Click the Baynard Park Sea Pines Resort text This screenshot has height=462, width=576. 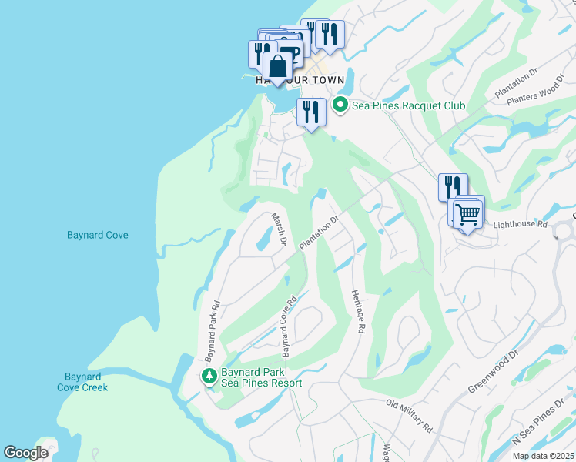click(x=261, y=377)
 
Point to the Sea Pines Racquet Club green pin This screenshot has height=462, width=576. click(x=340, y=105)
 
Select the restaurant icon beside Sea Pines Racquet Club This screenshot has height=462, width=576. click(x=311, y=112)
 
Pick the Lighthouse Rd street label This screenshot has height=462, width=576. click(x=520, y=225)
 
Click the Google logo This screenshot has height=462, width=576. click(x=25, y=453)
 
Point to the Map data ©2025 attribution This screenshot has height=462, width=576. click(x=544, y=456)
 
